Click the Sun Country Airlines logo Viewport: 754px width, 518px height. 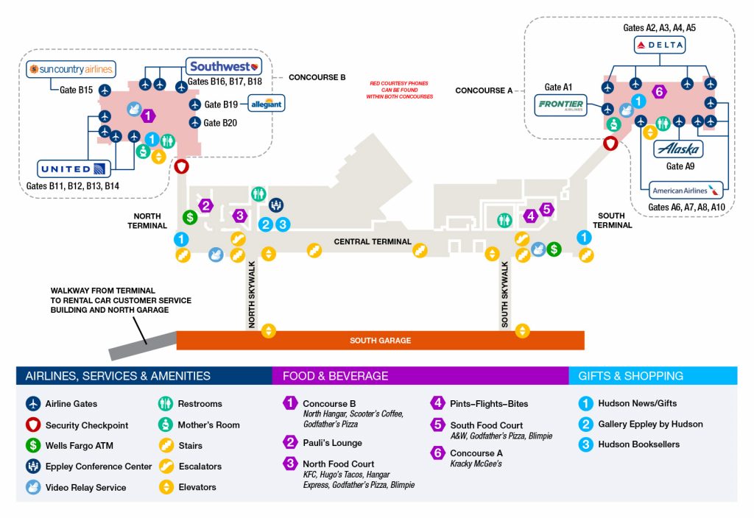tap(71, 69)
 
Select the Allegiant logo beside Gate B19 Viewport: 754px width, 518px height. tap(266, 104)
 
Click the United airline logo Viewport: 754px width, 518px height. tap(74, 168)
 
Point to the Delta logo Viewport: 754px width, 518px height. tap(660, 46)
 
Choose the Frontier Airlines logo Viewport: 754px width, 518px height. tap(560, 105)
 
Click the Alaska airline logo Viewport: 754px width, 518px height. tap(678, 149)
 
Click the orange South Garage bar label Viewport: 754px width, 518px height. tap(380, 341)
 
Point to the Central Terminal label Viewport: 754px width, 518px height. tap(372, 241)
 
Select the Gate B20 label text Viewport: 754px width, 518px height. tap(220, 123)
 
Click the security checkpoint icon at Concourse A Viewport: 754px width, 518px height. tap(610, 143)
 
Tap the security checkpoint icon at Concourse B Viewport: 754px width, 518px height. tap(182, 166)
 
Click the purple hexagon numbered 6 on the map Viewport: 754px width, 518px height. tap(660, 92)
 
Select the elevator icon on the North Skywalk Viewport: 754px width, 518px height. tap(269, 330)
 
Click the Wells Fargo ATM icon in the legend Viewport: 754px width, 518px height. tap(32, 445)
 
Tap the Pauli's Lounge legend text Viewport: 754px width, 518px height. tap(332, 443)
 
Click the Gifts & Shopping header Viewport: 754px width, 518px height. tap(630, 376)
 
